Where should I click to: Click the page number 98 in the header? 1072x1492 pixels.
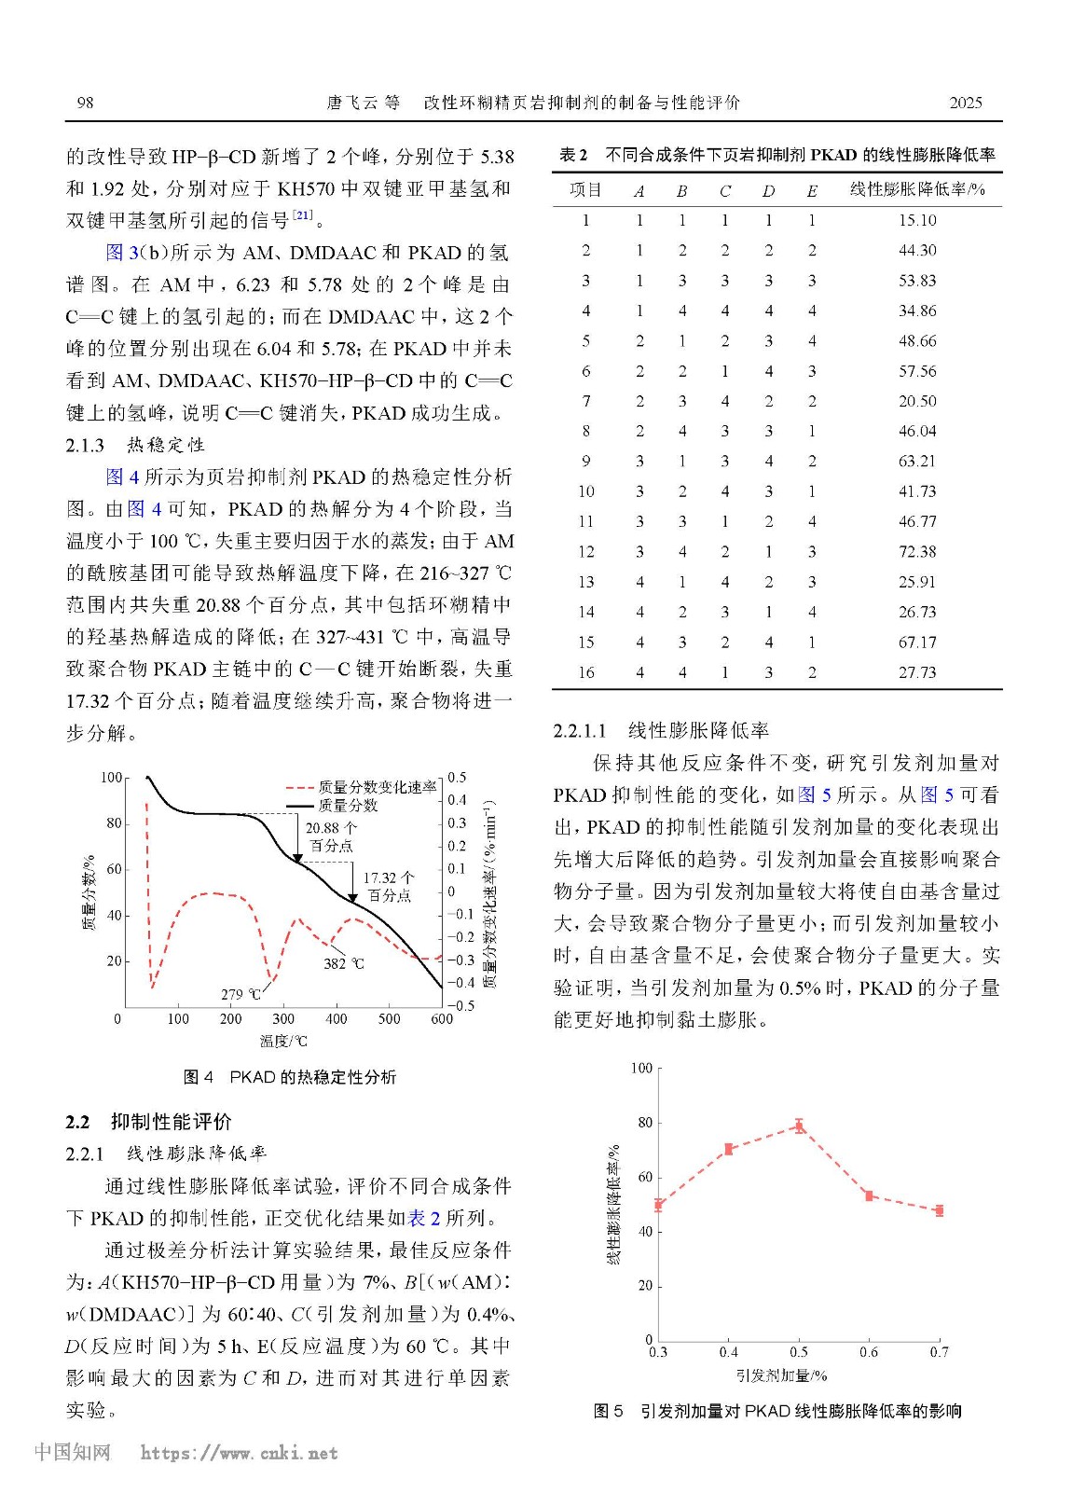tap(85, 103)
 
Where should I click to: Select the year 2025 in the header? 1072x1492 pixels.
tap(965, 103)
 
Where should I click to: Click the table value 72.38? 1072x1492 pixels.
tap(917, 552)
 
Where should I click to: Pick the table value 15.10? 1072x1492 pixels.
tap(917, 221)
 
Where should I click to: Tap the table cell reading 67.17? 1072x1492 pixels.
tap(917, 642)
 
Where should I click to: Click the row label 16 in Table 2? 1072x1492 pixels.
tap(585, 672)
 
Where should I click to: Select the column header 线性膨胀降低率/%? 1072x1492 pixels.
tap(917, 190)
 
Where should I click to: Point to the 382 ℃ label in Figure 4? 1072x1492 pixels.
tap(343, 963)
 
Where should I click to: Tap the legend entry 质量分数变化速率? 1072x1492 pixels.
tap(377, 787)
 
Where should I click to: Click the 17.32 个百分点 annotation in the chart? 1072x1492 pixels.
tap(389, 887)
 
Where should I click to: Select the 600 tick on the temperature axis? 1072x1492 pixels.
tap(442, 1019)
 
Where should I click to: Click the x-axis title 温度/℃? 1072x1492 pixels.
tap(283, 1041)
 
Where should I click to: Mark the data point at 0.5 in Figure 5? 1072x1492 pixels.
tap(799, 1126)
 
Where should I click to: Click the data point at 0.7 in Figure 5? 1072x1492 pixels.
tap(939, 1210)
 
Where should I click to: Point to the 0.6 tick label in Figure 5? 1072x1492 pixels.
tap(869, 1352)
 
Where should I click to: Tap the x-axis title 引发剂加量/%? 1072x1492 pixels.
tap(781, 1375)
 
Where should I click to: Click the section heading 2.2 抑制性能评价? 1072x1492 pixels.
tap(148, 1121)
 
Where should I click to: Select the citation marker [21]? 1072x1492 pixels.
tap(303, 216)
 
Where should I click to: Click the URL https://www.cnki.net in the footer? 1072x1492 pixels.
tap(239, 1453)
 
